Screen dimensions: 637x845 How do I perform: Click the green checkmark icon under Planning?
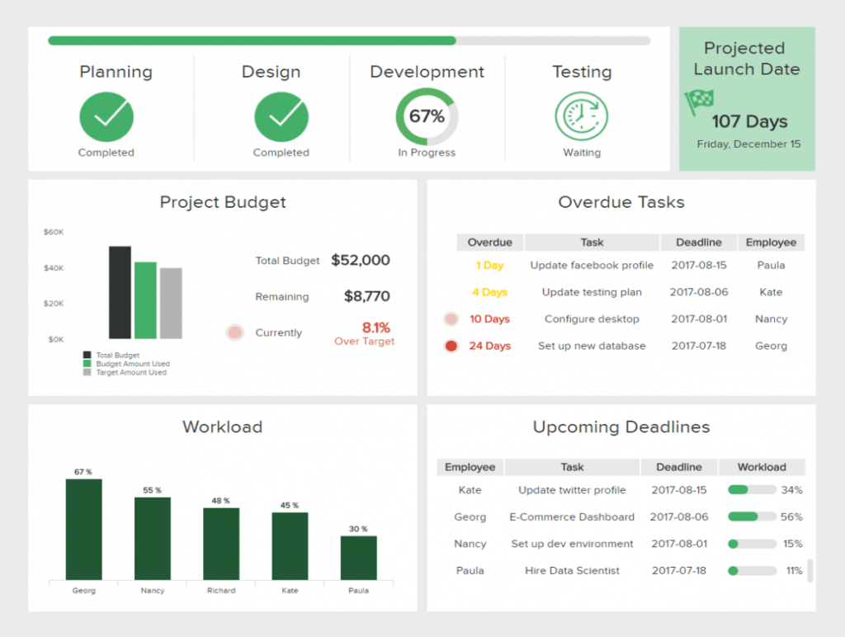(x=106, y=116)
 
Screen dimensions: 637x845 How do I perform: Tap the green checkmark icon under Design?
(x=281, y=116)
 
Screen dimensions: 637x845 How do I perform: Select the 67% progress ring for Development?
(x=427, y=116)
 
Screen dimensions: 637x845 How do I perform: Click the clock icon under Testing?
(x=582, y=116)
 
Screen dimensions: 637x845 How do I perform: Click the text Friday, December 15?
(x=748, y=144)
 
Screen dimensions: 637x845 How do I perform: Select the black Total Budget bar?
(x=120, y=292)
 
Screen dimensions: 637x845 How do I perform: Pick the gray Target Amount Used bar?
(x=171, y=303)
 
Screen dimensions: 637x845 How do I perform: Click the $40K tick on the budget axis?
(x=54, y=268)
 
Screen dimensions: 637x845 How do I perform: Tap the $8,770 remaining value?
(x=366, y=296)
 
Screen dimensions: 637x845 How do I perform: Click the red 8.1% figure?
(x=375, y=328)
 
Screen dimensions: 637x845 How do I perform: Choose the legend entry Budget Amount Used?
(x=132, y=364)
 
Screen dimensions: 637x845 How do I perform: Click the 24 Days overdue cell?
(x=489, y=346)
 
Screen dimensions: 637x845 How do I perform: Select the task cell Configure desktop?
(x=592, y=319)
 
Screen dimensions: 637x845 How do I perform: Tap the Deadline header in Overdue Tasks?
(x=698, y=243)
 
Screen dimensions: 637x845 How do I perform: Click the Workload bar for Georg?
(x=83, y=529)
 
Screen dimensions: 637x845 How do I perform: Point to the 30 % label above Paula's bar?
(x=358, y=529)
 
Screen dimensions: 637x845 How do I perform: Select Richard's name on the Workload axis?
(x=221, y=591)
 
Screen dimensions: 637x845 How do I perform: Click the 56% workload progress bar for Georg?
(x=752, y=517)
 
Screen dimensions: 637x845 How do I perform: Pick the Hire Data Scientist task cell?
(x=572, y=571)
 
